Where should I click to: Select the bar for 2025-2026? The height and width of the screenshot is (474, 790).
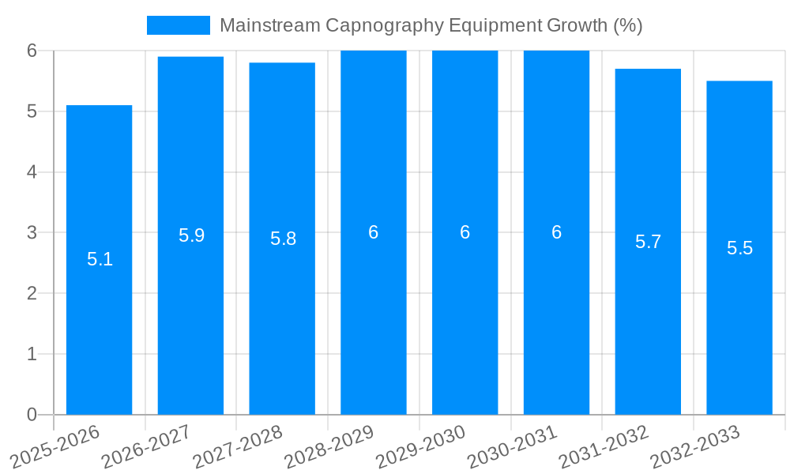pos(99,316)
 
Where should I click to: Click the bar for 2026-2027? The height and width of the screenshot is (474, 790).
pos(190,316)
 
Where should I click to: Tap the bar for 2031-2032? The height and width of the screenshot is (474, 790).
pos(648,316)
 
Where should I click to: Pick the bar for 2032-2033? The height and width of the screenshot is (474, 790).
pos(739,316)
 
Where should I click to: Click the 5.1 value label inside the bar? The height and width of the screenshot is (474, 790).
pos(100,259)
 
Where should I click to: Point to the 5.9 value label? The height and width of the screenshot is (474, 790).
pos(191,235)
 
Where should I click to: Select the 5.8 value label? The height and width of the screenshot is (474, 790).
pos(283,239)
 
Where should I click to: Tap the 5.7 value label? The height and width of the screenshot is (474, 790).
pos(648,242)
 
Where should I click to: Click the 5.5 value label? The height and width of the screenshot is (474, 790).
pos(739,248)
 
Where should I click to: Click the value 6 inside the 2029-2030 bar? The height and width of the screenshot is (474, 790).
pos(465,232)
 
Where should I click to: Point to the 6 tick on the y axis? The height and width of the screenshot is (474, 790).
pos(32,51)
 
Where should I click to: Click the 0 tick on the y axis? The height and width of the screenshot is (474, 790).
pos(32,415)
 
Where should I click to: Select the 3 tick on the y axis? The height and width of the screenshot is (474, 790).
pos(32,233)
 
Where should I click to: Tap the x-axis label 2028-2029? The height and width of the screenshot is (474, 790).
pos(329,446)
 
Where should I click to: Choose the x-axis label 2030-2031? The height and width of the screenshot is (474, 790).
pos(513,446)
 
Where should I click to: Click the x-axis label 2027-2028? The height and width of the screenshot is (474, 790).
pos(238,446)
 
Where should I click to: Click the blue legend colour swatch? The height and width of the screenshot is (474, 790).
pos(179,25)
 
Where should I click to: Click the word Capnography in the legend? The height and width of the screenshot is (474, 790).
pos(384,25)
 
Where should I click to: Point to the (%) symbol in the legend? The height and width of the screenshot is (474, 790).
pos(628,25)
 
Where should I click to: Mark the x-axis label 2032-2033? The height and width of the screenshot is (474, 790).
pos(695,446)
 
